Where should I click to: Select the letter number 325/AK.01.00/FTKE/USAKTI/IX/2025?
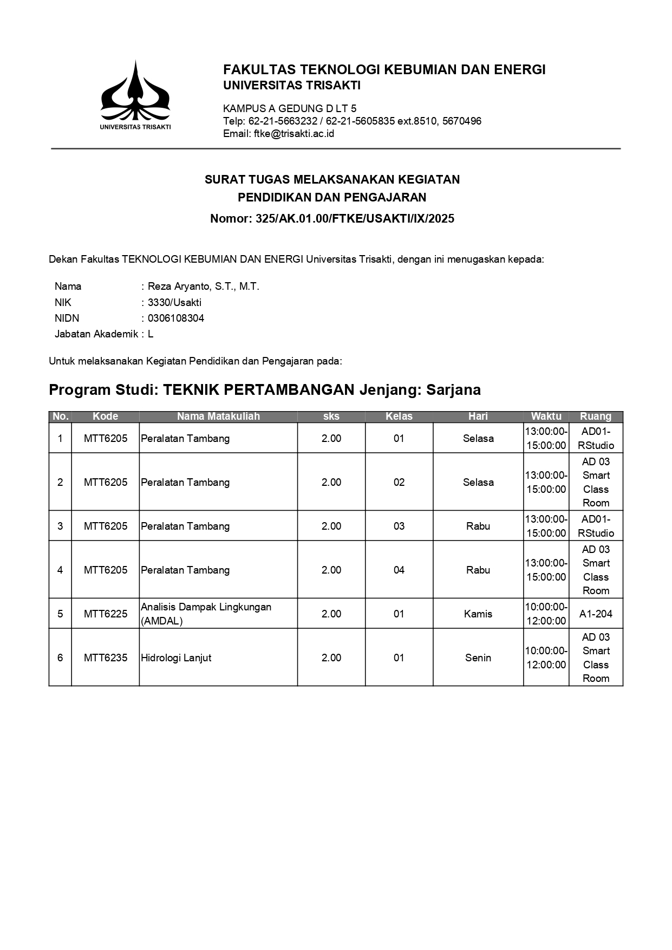[355, 219]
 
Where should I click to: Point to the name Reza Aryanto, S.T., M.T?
[204, 287]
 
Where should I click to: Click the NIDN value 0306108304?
[176, 318]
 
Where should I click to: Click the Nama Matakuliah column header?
[218, 417]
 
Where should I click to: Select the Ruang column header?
[596, 417]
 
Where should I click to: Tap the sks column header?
[331, 417]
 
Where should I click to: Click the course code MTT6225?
[106, 614]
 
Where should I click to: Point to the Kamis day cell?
[478, 614]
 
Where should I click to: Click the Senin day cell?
[478, 658]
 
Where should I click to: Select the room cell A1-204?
[596, 614]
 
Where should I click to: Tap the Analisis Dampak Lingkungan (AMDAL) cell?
[206, 614]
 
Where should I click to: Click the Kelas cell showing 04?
[399, 570]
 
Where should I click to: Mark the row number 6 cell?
[60, 658]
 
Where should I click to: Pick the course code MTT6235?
[106, 658]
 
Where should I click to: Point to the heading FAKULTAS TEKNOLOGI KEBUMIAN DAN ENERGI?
[384, 70]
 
